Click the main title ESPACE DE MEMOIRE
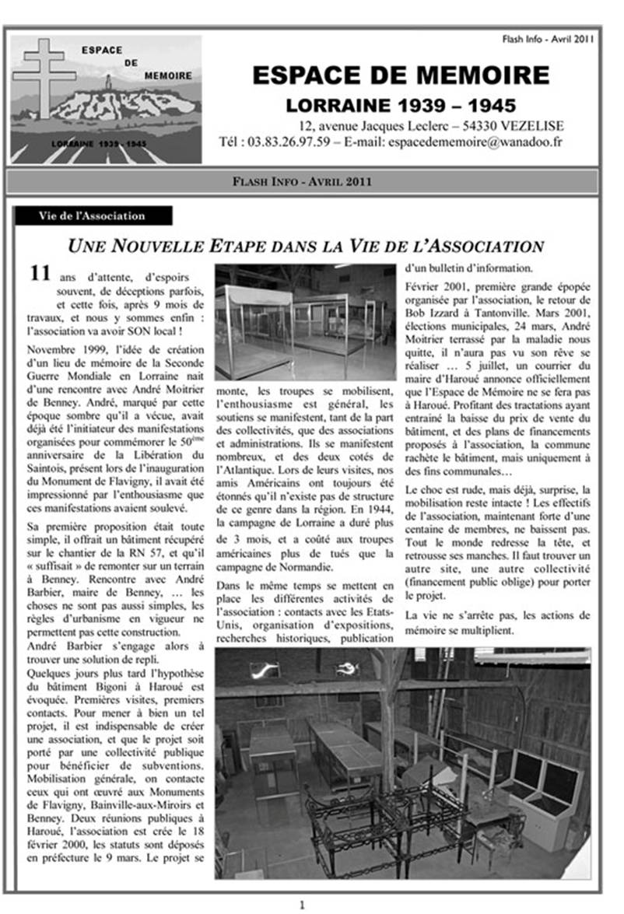coord(401,75)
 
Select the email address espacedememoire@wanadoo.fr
coord(475,142)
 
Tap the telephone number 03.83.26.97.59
coord(289,142)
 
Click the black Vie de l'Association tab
coord(92,215)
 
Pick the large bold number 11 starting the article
coord(40,273)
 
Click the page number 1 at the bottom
coord(303,905)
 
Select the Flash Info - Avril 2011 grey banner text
coord(302,182)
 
